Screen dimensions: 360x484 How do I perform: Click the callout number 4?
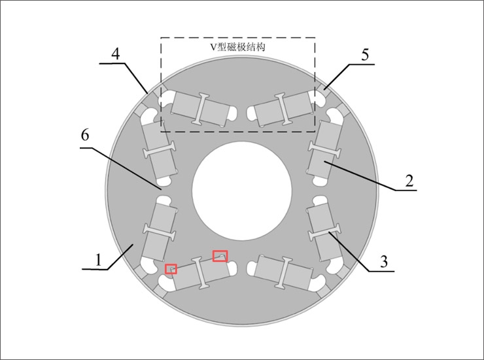pyautogui.click(x=116, y=54)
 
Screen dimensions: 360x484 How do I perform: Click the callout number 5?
pyautogui.click(x=365, y=54)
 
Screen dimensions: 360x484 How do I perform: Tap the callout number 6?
pyautogui.click(x=84, y=135)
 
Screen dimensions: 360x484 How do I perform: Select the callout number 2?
pyautogui.click(x=409, y=181)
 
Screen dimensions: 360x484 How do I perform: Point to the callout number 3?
pyautogui.click(x=384, y=262)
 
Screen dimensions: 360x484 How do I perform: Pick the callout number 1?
pyautogui.click(x=98, y=259)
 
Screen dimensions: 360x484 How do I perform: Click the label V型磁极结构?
pyautogui.click(x=237, y=48)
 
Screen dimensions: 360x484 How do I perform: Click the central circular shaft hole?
pyautogui.click(x=242, y=190)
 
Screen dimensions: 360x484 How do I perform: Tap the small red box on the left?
pyautogui.click(x=171, y=268)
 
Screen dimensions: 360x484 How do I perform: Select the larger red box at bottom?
pyautogui.click(x=220, y=255)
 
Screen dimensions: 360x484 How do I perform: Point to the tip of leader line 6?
pyautogui.click(x=160, y=189)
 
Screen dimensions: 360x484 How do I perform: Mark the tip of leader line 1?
pyautogui.click(x=134, y=243)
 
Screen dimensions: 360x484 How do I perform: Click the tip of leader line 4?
pyautogui.click(x=147, y=92)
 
